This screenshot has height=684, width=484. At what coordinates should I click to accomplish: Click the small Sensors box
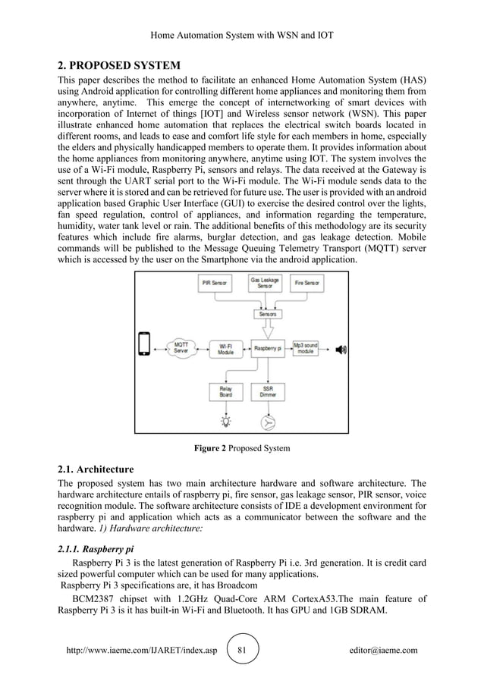coord(268,313)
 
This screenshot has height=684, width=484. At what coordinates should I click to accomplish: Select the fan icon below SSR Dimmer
coord(268,422)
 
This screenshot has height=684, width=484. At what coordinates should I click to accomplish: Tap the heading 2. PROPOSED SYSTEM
coord(119,64)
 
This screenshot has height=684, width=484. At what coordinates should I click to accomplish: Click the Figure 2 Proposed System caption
coord(242,448)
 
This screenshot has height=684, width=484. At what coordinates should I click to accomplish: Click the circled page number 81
coord(242,651)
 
